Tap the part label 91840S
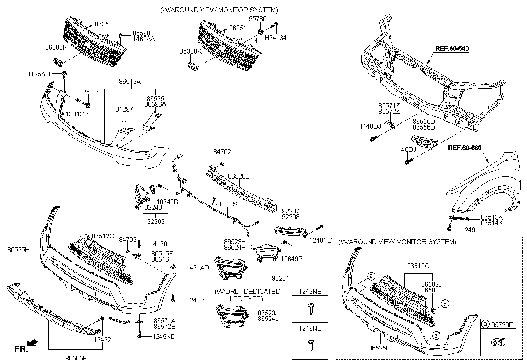(x=226, y=204)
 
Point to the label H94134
(x=275, y=38)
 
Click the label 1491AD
(x=198, y=267)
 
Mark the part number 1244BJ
(x=197, y=300)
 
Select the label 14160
(x=159, y=244)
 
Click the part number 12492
(x=101, y=339)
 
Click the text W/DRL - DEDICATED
(x=247, y=291)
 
